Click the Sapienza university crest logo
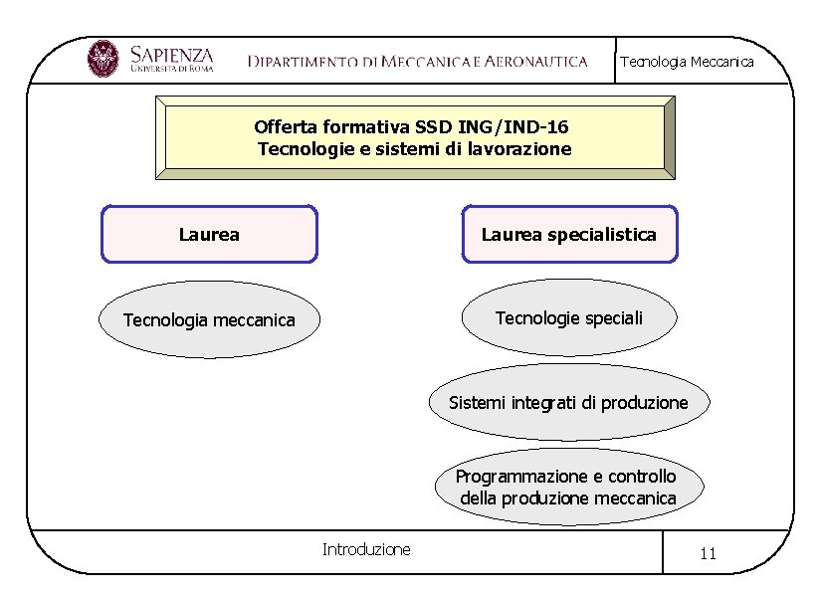coord(103,59)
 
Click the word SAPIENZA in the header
coord(171,52)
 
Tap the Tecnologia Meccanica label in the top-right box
coord(687,62)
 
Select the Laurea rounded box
coord(209,235)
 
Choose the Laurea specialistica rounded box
coord(569,235)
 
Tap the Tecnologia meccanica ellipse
coord(209,319)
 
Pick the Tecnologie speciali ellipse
coord(569,318)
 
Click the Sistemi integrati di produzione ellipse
coord(569,403)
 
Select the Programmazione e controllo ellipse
coord(568,487)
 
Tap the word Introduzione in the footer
coord(366,549)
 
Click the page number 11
coord(709,554)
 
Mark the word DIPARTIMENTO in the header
coord(302,62)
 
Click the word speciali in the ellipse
coord(613,318)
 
